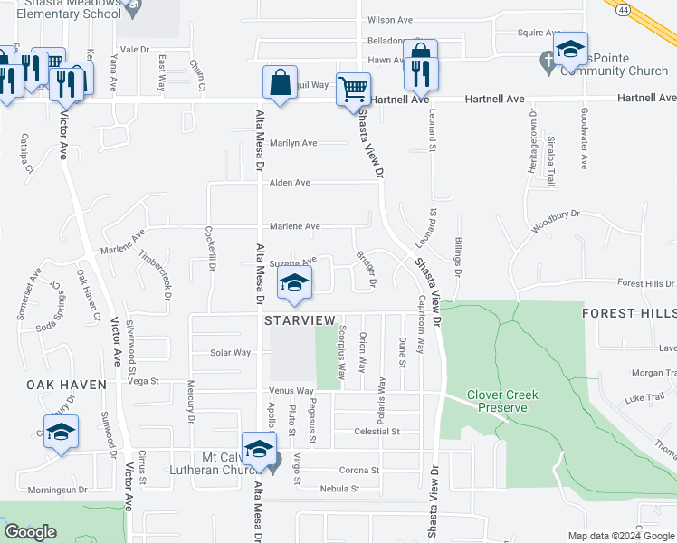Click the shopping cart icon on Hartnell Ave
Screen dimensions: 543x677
point(353,90)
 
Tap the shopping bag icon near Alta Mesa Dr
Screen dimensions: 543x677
point(281,83)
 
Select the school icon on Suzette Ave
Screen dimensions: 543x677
point(294,283)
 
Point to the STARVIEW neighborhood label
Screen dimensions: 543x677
point(300,321)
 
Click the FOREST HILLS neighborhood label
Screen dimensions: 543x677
point(628,313)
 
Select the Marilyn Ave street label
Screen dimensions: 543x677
point(293,143)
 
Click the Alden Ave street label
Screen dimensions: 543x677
point(290,183)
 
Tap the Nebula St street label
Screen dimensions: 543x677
point(339,489)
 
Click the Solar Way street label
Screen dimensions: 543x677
point(230,353)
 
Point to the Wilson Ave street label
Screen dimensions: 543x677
point(389,20)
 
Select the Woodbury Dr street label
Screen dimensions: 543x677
point(555,220)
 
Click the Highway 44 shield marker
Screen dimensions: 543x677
point(623,9)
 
